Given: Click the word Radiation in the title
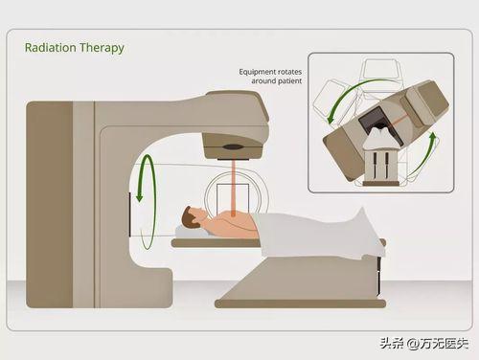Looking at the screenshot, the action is point(51,48).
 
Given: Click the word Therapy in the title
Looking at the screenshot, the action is point(102,49).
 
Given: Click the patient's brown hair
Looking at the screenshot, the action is point(188,218).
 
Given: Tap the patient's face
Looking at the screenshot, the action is point(198,214).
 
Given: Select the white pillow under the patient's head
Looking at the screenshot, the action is point(191,233).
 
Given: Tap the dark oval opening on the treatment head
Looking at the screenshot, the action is point(233,147).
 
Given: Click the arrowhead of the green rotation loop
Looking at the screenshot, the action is point(139,196).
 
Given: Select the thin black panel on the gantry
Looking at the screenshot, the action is point(130,214).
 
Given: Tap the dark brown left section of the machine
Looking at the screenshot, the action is point(50,204).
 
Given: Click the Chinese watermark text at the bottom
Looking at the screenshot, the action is point(424,344).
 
